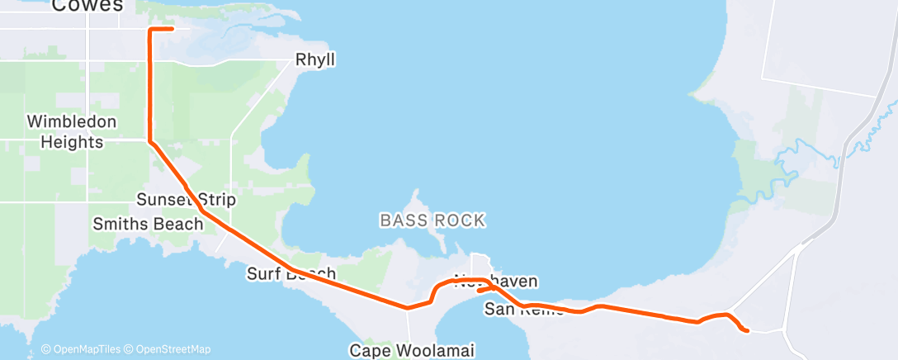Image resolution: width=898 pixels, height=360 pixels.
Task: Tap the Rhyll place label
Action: [316, 60]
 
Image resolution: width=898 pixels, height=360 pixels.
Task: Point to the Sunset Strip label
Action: [186, 200]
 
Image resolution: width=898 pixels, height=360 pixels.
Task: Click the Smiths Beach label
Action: [148, 224]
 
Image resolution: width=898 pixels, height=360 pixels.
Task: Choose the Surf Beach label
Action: [291, 273]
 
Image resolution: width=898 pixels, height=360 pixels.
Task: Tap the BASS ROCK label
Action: [432, 220]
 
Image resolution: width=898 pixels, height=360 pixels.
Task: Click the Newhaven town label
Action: [496, 282]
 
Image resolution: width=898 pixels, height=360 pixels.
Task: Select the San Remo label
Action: [524, 310]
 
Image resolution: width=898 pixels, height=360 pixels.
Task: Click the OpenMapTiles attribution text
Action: [83, 349]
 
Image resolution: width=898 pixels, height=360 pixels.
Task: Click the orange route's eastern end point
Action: [746, 331]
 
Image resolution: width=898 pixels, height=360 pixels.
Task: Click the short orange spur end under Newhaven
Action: [479, 291]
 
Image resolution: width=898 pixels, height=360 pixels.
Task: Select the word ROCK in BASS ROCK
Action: [461, 220]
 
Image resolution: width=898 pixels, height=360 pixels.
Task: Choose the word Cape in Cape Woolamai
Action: [368, 350]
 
